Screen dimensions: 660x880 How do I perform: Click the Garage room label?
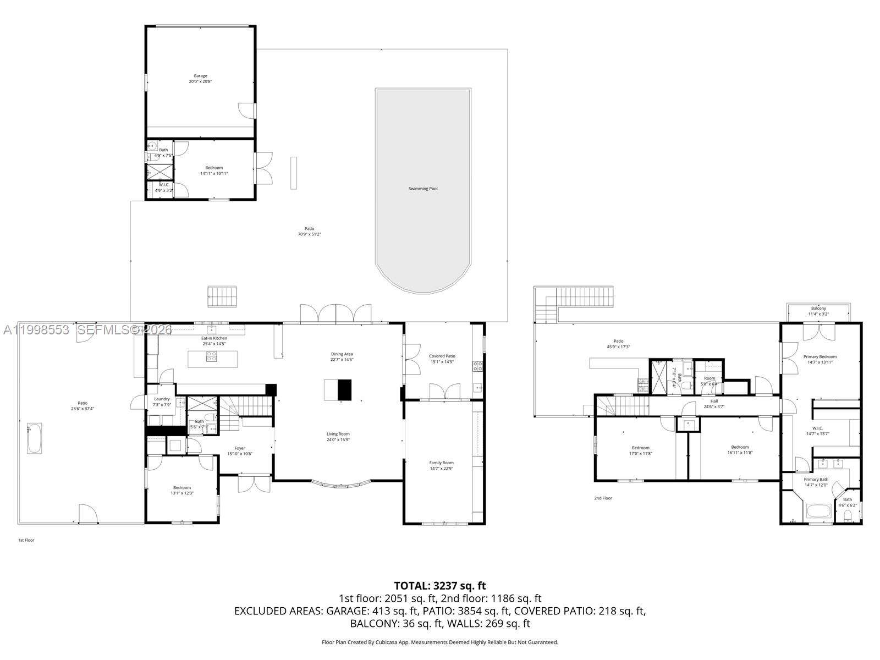click(x=200, y=76)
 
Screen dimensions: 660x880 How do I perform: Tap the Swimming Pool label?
click(x=423, y=189)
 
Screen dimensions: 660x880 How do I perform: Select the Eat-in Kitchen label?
click(x=214, y=338)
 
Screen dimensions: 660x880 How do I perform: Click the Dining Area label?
click(x=342, y=354)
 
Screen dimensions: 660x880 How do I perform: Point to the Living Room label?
click(x=338, y=434)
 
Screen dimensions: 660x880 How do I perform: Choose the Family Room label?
click(x=441, y=463)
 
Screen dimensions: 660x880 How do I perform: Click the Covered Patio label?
click(x=442, y=356)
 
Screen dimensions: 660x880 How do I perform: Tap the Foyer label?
click(x=240, y=448)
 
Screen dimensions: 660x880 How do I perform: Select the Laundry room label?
click(x=162, y=399)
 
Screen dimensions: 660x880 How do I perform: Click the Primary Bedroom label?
click(x=820, y=357)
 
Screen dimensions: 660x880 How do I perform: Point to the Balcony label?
click(x=818, y=309)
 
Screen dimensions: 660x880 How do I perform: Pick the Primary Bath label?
click(x=816, y=480)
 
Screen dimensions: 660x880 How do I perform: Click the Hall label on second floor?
click(x=714, y=402)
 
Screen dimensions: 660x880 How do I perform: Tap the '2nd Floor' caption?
click(x=603, y=498)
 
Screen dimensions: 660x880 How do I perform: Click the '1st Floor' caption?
click(x=26, y=540)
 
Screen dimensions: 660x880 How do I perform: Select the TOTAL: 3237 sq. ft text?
click(x=440, y=586)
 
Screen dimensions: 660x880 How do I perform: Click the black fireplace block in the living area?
click(x=344, y=389)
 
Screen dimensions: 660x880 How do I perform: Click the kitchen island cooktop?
click(x=212, y=359)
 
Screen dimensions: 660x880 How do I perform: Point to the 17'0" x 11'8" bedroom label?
click(x=640, y=450)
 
